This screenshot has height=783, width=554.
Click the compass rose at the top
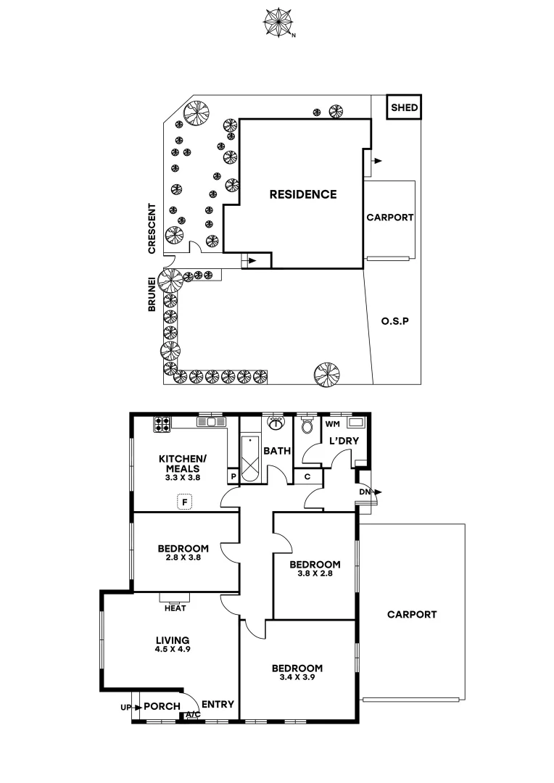click(x=276, y=21)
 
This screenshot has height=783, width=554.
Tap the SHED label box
click(x=404, y=108)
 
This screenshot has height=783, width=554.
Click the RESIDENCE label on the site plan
click(x=303, y=194)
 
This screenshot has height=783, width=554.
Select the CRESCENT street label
click(x=152, y=228)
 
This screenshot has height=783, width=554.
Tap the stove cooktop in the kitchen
click(x=161, y=423)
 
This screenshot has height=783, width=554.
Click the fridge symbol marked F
click(x=186, y=501)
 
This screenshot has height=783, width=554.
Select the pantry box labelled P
click(x=233, y=476)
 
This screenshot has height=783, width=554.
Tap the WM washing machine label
click(x=333, y=423)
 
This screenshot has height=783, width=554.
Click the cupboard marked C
click(x=307, y=476)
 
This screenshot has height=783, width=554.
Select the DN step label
click(x=364, y=492)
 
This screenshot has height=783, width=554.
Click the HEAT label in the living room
click(x=175, y=608)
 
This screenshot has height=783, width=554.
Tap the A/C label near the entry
click(x=193, y=715)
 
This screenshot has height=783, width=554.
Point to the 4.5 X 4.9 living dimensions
click(x=173, y=650)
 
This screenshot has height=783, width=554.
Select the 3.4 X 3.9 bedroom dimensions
click(x=297, y=679)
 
